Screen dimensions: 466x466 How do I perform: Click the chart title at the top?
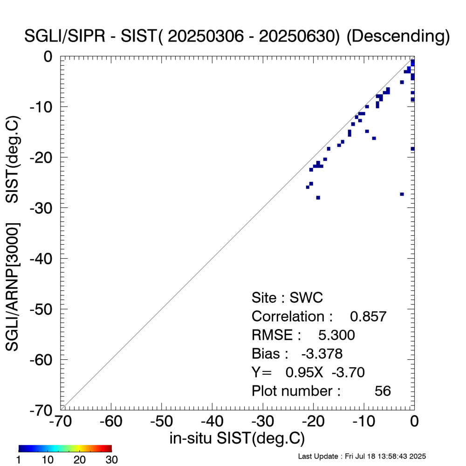[x=237, y=37]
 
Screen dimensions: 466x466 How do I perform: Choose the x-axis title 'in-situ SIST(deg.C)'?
[x=237, y=438]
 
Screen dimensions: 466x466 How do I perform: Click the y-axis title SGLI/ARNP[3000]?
[x=13, y=287]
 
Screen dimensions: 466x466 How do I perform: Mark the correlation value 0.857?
[x=368, y=316]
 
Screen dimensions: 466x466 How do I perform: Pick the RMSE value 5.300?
[x=336, y=335]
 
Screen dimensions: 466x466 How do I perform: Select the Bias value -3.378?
[x=322, y=354]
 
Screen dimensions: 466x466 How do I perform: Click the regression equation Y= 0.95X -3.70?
[x=308, y=372]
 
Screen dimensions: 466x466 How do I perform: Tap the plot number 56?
[x=383, y=391]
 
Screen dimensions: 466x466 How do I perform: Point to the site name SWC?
[x=307, y=298]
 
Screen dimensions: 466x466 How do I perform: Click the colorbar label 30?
[x=111, y=460]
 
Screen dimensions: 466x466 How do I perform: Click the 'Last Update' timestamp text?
[x=362, y=456]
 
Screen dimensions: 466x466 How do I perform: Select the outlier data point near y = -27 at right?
[x=402, y=194]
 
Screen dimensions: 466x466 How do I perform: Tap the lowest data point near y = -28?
[x=318, y=198]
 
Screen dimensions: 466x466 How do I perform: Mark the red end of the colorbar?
[x=109, y=449]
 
